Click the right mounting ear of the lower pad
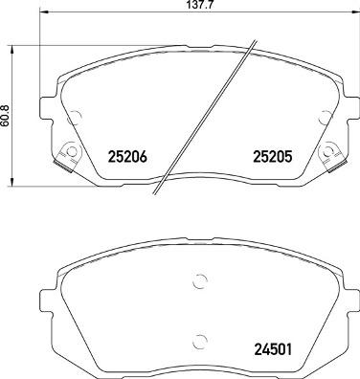coord(348,292)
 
